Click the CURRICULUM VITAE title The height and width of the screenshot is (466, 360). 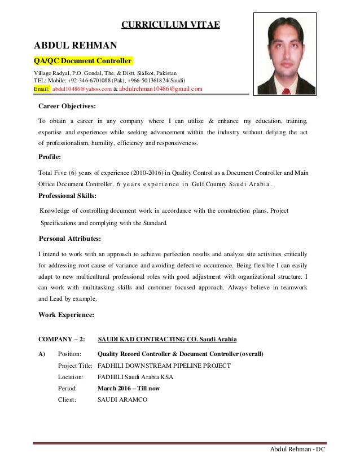(x=171, y=24)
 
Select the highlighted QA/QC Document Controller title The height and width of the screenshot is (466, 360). (x=83, y=61)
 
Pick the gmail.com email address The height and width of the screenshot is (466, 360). (x=161, y=89)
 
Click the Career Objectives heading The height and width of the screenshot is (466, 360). (x=67, y=106)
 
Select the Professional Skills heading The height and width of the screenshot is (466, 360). (x=67, y=196)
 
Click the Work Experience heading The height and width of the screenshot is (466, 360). (x=66, y=314)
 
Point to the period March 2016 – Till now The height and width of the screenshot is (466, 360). (x=129, y=388)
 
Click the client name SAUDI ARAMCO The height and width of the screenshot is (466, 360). (x=122, y=399)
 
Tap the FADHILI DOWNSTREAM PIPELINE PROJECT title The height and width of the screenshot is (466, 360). (x=164, y=366)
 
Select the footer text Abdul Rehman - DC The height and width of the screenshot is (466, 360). (x=300, y=450)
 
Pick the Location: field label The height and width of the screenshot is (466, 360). (x=71, y=377)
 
